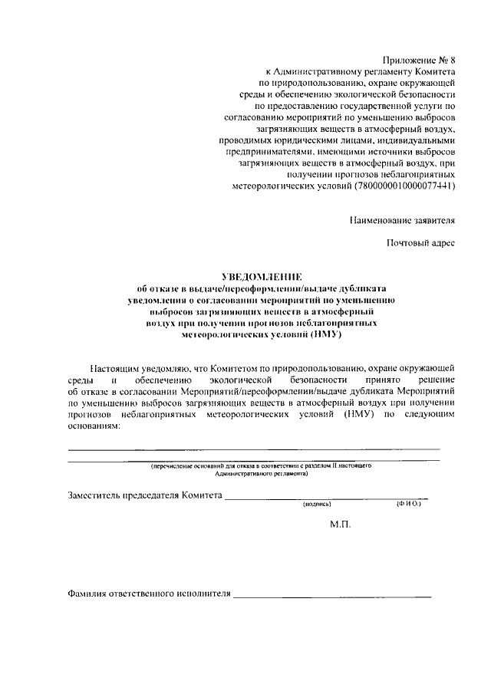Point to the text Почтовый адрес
pyautogui.click(x=420, y=244)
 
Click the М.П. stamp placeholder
pyautogui.click(x=339, y=526)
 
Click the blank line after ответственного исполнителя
pyautogui.click(x=332, y=596)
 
